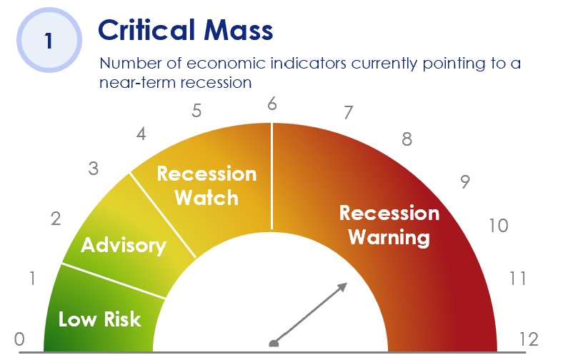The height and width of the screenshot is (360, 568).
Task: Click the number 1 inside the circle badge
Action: pos(49,41)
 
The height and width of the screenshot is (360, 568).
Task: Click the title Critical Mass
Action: pos(186,30)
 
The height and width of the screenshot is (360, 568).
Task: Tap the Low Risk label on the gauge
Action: pos(99,319)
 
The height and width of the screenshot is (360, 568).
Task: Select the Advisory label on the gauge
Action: pos(124,246)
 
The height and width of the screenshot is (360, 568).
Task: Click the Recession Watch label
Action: pos(207,186)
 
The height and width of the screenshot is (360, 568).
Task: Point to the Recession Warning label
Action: pos(389,225)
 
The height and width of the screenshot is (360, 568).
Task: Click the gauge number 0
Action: pos(19,339)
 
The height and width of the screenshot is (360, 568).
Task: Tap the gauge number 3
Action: pos(94,169)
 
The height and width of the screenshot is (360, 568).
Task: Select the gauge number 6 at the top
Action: pos(272,104)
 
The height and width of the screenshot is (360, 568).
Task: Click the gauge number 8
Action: pos(407,139)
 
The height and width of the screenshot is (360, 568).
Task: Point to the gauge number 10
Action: pos(499,226)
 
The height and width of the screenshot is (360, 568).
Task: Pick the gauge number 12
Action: pos(529,339)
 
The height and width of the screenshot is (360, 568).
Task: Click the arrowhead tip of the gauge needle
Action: pos(347,284)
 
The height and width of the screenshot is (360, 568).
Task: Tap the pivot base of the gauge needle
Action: pos(274,344)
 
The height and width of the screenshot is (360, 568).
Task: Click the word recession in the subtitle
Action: pos(216,83)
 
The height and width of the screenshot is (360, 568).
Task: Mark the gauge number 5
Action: pos(196,111)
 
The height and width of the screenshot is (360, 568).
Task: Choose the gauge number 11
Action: pos(517,279)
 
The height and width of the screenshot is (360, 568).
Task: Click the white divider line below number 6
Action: pos(271,176)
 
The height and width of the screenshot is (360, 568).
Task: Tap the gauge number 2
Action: pos(56,219)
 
